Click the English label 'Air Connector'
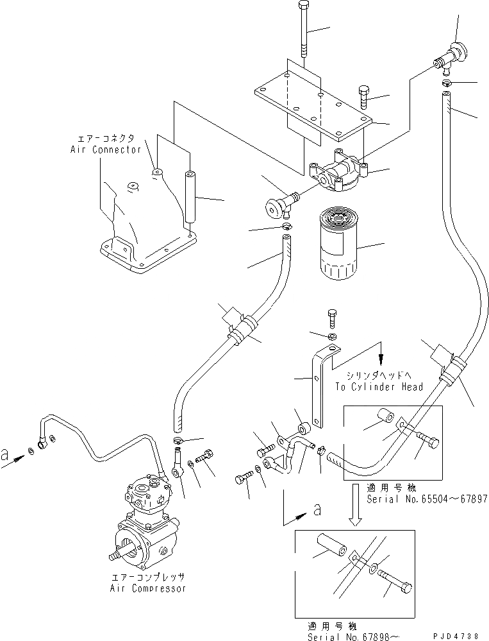coord(105,149)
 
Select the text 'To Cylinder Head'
coord(379,387)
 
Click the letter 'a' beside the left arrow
coord(6,456)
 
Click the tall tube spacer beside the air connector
coord(189,196)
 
